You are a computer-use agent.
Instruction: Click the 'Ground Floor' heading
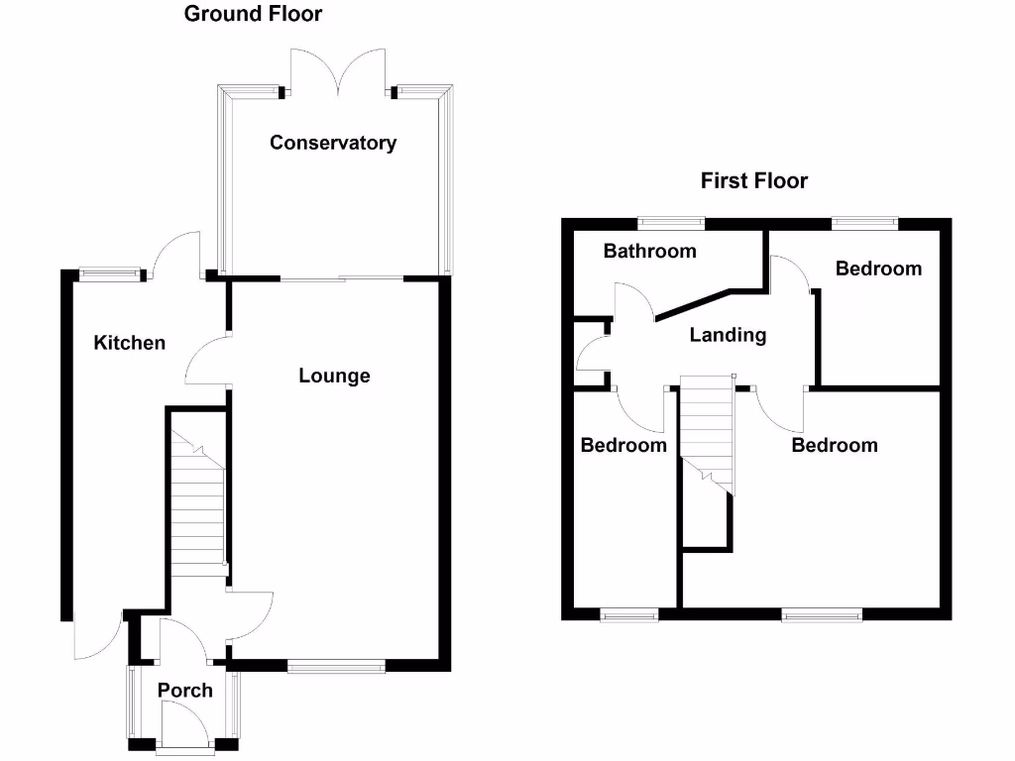tap(253, 14)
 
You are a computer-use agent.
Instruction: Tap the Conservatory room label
tap(333, 143)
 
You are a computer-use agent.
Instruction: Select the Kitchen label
tap(129, 343)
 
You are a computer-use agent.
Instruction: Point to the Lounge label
tap(334, 376)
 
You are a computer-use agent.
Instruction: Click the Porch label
tap(185, 690)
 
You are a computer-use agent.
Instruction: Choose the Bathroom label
tap(649, 251)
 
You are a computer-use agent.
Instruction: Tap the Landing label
tap(728, 335)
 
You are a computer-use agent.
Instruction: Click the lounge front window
tap(336, 667)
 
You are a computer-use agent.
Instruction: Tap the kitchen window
tap(110, 274)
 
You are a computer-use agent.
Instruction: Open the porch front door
tap(182, 725)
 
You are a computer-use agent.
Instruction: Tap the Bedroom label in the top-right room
tap(878, 269)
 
